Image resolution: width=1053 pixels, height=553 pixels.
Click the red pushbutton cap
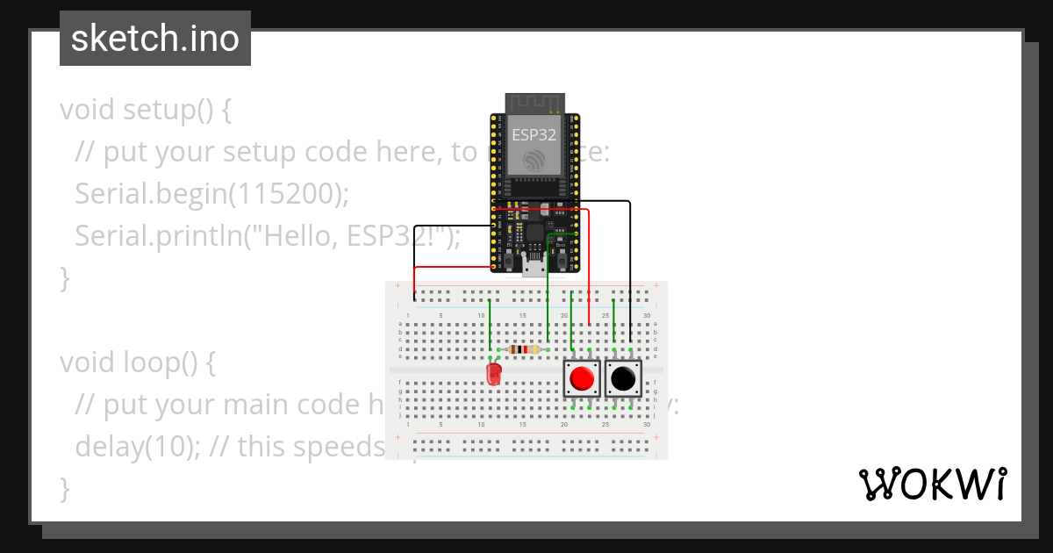pyautogui.click(x=581, y=379)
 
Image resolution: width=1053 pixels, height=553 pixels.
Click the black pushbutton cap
pyautogui.click(x=623, y=379)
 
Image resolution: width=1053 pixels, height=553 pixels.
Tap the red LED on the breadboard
pyautogui.click(x=494, y=375)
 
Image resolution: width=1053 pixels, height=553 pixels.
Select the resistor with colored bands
pyautogui.click(x=524, y=349)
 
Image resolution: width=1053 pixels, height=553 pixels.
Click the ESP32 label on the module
pyautogui.click(x=534, y=135)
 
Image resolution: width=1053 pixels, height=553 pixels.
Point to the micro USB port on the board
pyautogui.click(x=534, y=266)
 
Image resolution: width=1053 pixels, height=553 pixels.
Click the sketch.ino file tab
pyautogui.click(x=155, y=39)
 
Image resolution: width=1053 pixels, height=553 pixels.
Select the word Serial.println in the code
pyautogui.click(x=149, y=236)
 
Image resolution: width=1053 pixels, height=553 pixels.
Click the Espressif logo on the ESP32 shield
pyautogui.click(x=534, y=161)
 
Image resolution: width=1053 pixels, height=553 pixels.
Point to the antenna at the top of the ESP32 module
pyautogui.click(x=534, y=102)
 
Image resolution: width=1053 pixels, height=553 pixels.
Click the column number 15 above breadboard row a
pyautogui.click(x=523, y=316)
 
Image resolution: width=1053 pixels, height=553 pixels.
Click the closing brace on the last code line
pyautogui.click(x=64, y=488)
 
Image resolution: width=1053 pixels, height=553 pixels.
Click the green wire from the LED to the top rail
pyautogui.click(x=490, y=325)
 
